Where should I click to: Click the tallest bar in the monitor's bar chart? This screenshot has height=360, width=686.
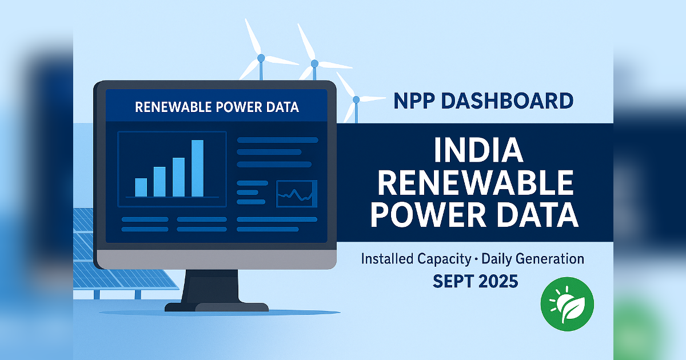point(198,168)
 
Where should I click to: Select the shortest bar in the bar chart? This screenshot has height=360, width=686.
point(141,187)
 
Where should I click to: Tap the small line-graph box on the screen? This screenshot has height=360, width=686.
point(297,194)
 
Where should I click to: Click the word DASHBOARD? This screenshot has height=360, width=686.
point(508,101)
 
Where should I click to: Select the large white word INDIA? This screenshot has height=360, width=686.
point(478,150)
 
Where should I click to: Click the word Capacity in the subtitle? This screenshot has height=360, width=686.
point(444,259)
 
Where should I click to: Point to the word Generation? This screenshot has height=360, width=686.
point(550,259)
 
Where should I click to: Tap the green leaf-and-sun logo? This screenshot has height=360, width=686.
point(567,304)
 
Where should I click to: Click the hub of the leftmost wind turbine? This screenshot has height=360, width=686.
point(261,58)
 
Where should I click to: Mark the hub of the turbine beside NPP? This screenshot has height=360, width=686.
point(356,99)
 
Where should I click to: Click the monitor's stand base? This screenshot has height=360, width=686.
point(217,307)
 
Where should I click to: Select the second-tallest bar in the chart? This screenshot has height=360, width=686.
point(178,177)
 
